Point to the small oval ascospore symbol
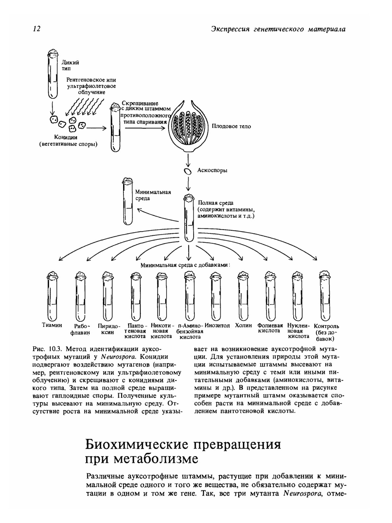tap(188, 171)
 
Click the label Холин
tap(243, 326)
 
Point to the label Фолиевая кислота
tap(270, 328)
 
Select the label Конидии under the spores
tap(65, 137)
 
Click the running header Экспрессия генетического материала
tap(278, 29)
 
